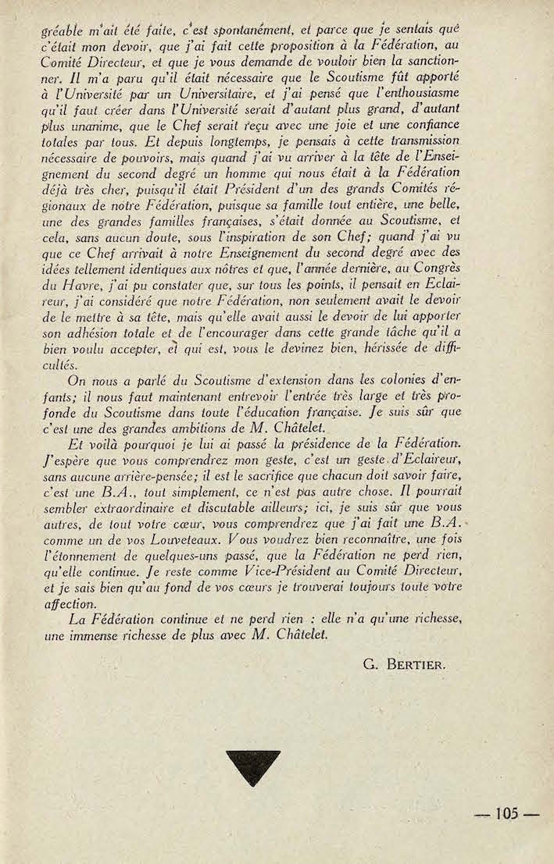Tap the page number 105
point(507,813)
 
